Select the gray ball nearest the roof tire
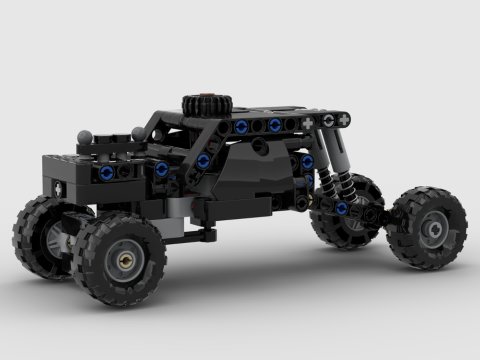tap(139, 133)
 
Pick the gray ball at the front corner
tap(85, 137)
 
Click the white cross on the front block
tap(58, 189)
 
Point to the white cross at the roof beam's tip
tap(344, 120)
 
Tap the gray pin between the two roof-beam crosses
tap(328, 121)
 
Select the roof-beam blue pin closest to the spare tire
tap(241, 127)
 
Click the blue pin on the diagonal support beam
tap(203, 161)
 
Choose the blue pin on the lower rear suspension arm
tap(342, 208)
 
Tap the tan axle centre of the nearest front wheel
tap(126, 260)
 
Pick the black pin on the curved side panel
tap(260, 146)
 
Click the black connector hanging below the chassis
tap(208, 234)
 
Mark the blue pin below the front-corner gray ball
tap(107, 172)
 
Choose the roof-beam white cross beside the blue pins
tap(308, 123)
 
